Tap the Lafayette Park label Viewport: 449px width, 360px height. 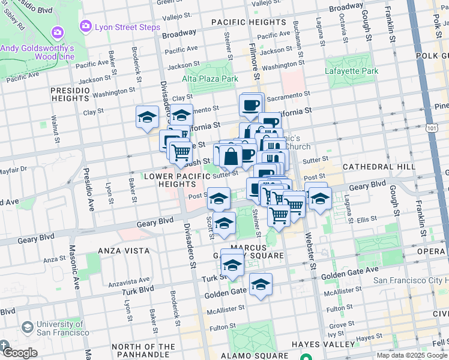click(x=352, y=71)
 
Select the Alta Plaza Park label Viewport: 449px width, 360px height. click(x=210, y=79)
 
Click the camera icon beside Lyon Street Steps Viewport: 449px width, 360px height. click(x=85, y=26)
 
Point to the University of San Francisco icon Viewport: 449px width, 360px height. click(x=27, y=326)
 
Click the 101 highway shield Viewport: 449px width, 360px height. click(x=433, y=127)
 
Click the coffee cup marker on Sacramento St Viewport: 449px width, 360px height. click(x=251, y=104)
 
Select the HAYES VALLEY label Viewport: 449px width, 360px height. click(x=324, y=344)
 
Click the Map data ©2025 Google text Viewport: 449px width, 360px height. click(x=411, y=355)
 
